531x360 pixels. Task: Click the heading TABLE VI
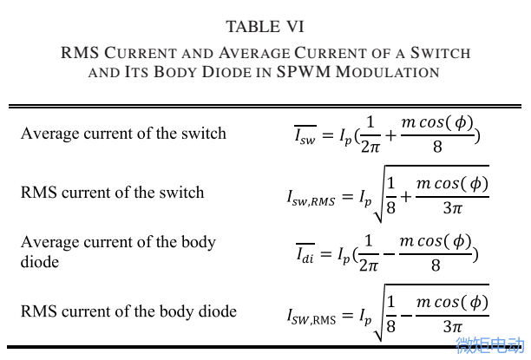point(265,27)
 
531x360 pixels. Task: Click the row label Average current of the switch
point(123,134)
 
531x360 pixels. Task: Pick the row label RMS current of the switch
point(112,193)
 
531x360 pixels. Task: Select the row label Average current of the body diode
point(118,251)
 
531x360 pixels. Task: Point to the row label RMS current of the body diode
point(128,311)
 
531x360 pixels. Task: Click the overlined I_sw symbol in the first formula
point(305,135)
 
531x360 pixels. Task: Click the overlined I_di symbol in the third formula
point(305,253)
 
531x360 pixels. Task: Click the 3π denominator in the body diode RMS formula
point(452,326)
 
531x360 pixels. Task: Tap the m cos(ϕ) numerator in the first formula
point(437,122)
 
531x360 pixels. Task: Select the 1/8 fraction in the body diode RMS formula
point(391,313)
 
